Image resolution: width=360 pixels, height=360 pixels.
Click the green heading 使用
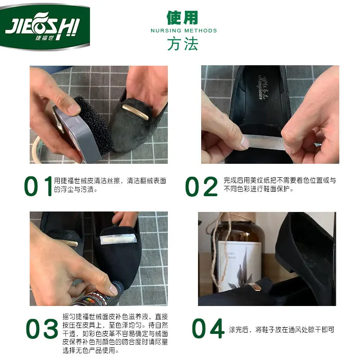182,18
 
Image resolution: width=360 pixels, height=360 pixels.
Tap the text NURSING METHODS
184,31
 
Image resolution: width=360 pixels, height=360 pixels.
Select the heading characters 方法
182,44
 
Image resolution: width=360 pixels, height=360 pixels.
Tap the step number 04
208,329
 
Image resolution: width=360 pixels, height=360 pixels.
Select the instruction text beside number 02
279,184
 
